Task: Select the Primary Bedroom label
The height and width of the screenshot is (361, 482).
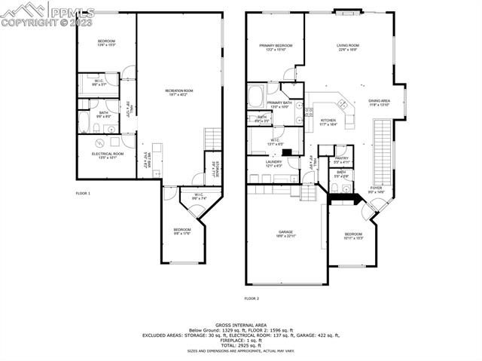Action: (x=276, y=47)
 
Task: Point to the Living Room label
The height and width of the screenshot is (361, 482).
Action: (x=348, y=47)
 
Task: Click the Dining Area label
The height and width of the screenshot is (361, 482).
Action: (x=379, y=102)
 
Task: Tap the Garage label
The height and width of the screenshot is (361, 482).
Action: (x=285, y=234)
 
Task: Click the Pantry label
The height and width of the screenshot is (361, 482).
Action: (x=342, y=159)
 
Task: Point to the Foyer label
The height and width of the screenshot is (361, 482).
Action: (x=376, y=190)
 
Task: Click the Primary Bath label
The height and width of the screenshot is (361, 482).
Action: (x=279, y=104)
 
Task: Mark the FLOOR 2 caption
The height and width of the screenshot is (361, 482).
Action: (x=251, y=299)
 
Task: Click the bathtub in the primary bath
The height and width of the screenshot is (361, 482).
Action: (x=255, y=96)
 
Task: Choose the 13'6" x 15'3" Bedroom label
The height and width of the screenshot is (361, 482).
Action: (x=105, y=42)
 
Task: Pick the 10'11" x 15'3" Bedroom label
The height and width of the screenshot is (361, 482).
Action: (x=353, y=236)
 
